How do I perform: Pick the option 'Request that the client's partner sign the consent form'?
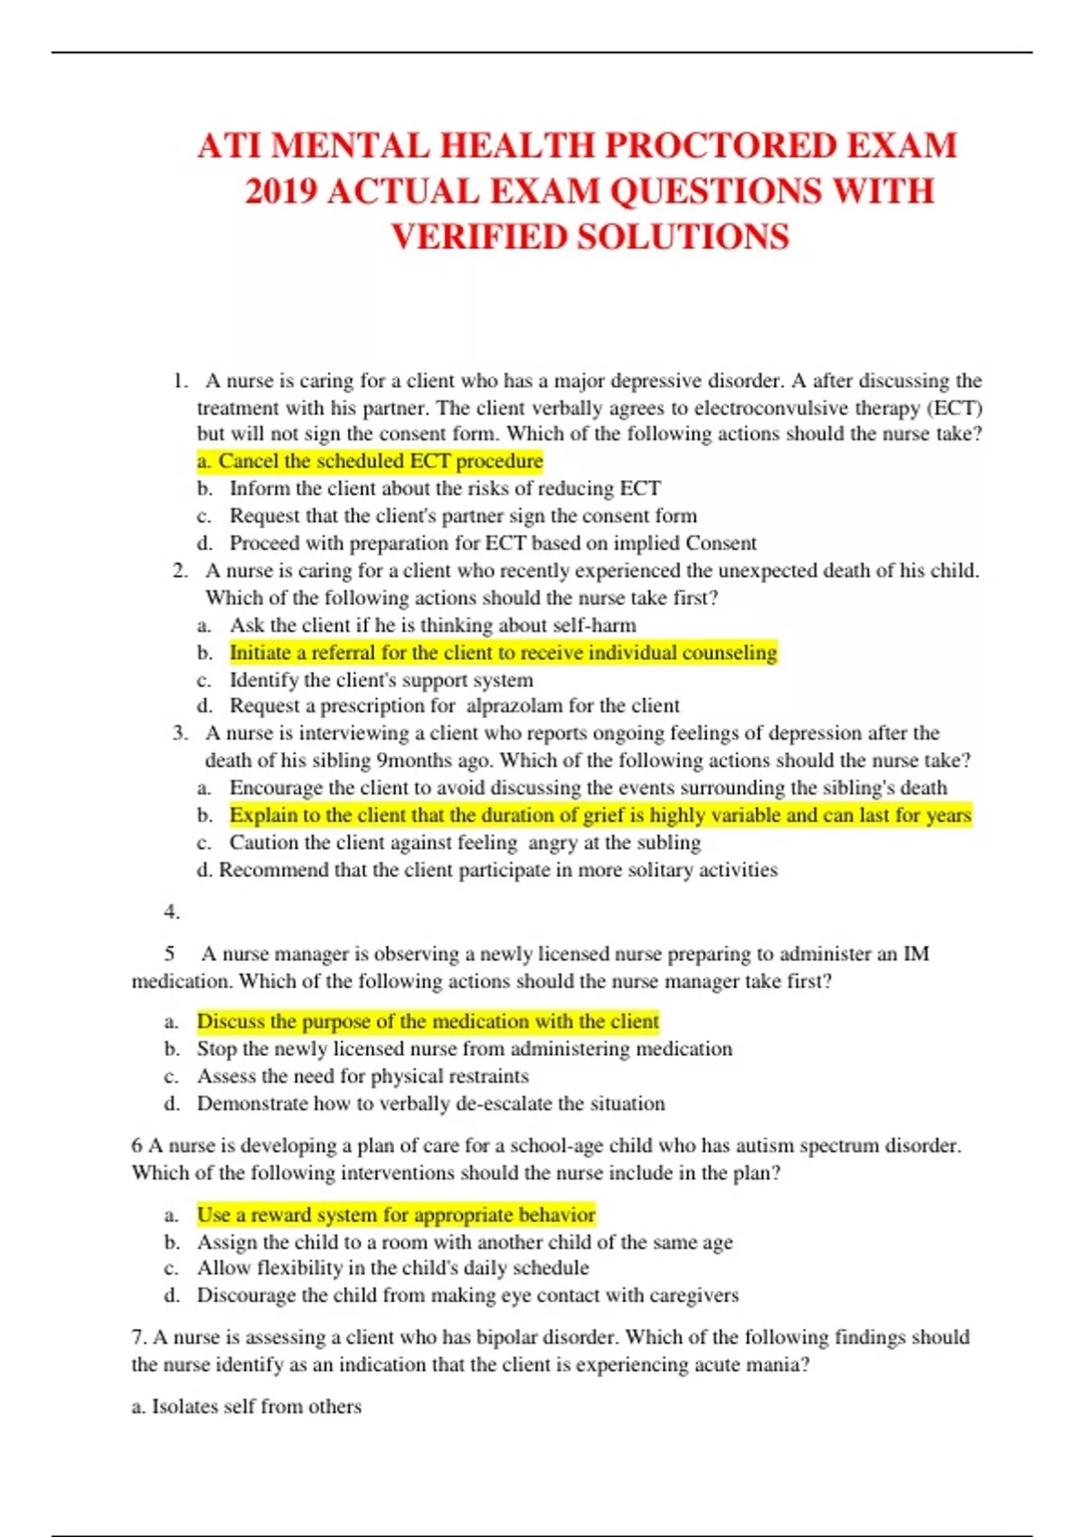(x=463, y=515)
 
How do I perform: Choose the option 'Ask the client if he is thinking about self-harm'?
(x=432, y=625)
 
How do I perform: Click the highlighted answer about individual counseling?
(x=503, y=653)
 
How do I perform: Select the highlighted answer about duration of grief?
(x=599, y=815)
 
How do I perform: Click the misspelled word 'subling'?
(x=668, y=843)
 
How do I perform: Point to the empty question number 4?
(x=172, y=911)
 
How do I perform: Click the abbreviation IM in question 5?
(x=916, y=954)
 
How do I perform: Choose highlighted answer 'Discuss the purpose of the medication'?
(x=428, y=1022)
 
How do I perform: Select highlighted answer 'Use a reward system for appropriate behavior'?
(x=396, y=1214)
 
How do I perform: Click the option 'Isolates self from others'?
(x=256, y=1406)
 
